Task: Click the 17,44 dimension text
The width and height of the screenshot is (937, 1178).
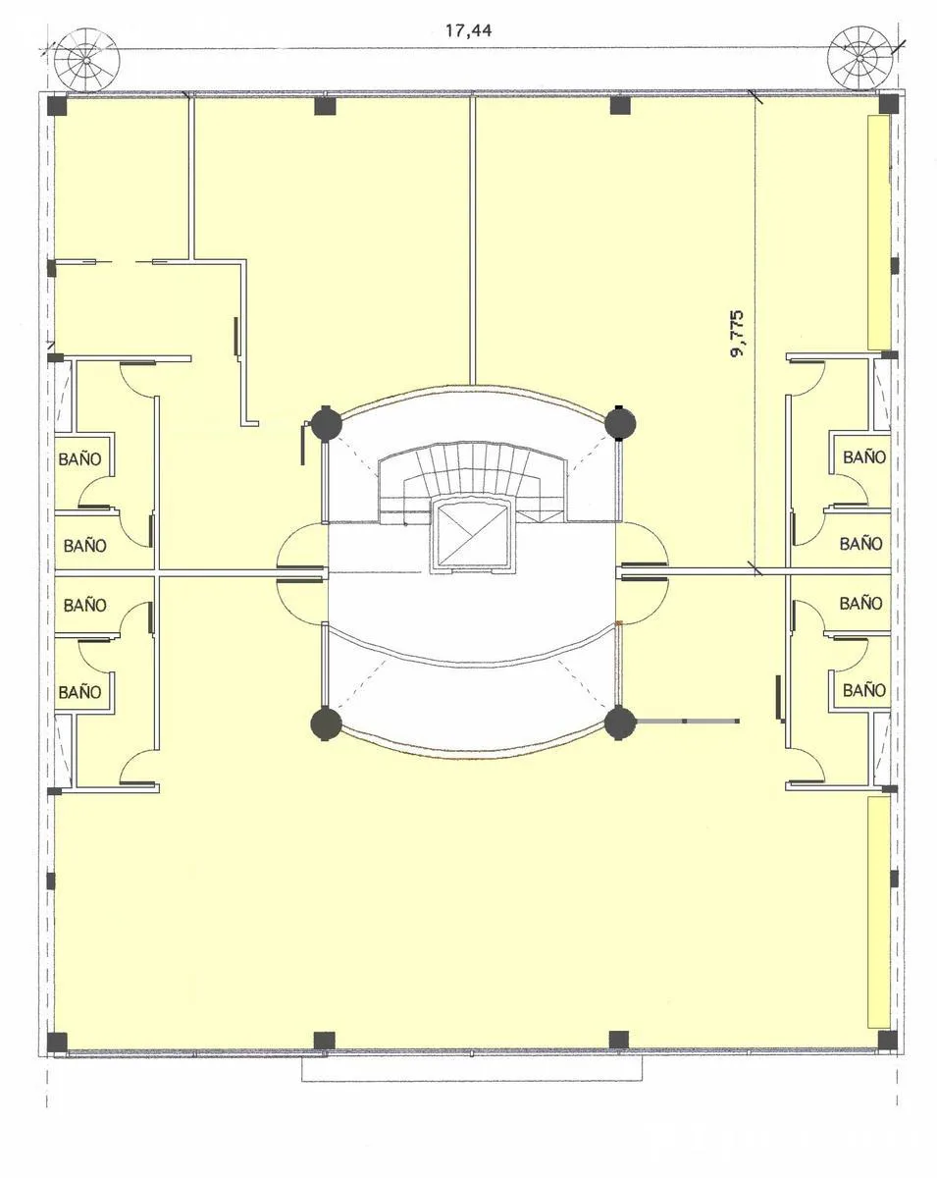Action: pyautogui.click(x=468, y=30)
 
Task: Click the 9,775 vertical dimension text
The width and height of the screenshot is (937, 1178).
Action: pyautogui.click(x=737, y=334)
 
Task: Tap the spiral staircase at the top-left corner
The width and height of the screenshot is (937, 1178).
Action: pyautogui.click(x=86, y=59)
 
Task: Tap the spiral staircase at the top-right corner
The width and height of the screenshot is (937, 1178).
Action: pyautogui.click(x=859, y=59)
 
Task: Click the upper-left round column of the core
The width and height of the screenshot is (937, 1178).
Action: pyautogui.click(x=326, y=423)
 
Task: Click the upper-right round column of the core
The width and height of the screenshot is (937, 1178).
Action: pyautogui.click(x=620, y=423)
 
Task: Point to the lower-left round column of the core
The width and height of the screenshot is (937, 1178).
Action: pyautogui.click(x=326, y=723)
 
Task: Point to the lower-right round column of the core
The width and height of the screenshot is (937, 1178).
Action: pyautogui.click(x=620, y=723)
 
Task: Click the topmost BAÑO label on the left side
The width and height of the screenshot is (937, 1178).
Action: pyautogui.click(x=79, y=458)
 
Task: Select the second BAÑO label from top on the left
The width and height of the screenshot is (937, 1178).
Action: pyautogui.click(x=84, y=546)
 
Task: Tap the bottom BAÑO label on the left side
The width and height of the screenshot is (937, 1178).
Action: pyautogui.click(x=79, y=692)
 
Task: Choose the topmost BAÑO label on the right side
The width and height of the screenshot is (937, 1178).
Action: pyautogui.click(x=864, y=457)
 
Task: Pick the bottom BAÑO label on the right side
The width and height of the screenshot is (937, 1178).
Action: pyautogui.click(x=864, y=690)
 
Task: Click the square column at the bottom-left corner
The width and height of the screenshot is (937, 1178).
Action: pyautogui.click(x=57, y=1042)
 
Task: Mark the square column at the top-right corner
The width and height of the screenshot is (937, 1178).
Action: pyautogui.click(x=888, y=104)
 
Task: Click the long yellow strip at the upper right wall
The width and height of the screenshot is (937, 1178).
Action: pyautogui.click(x=878, y=232)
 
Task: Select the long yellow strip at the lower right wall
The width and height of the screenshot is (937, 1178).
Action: pyautogui.click(x=878, y=912)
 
